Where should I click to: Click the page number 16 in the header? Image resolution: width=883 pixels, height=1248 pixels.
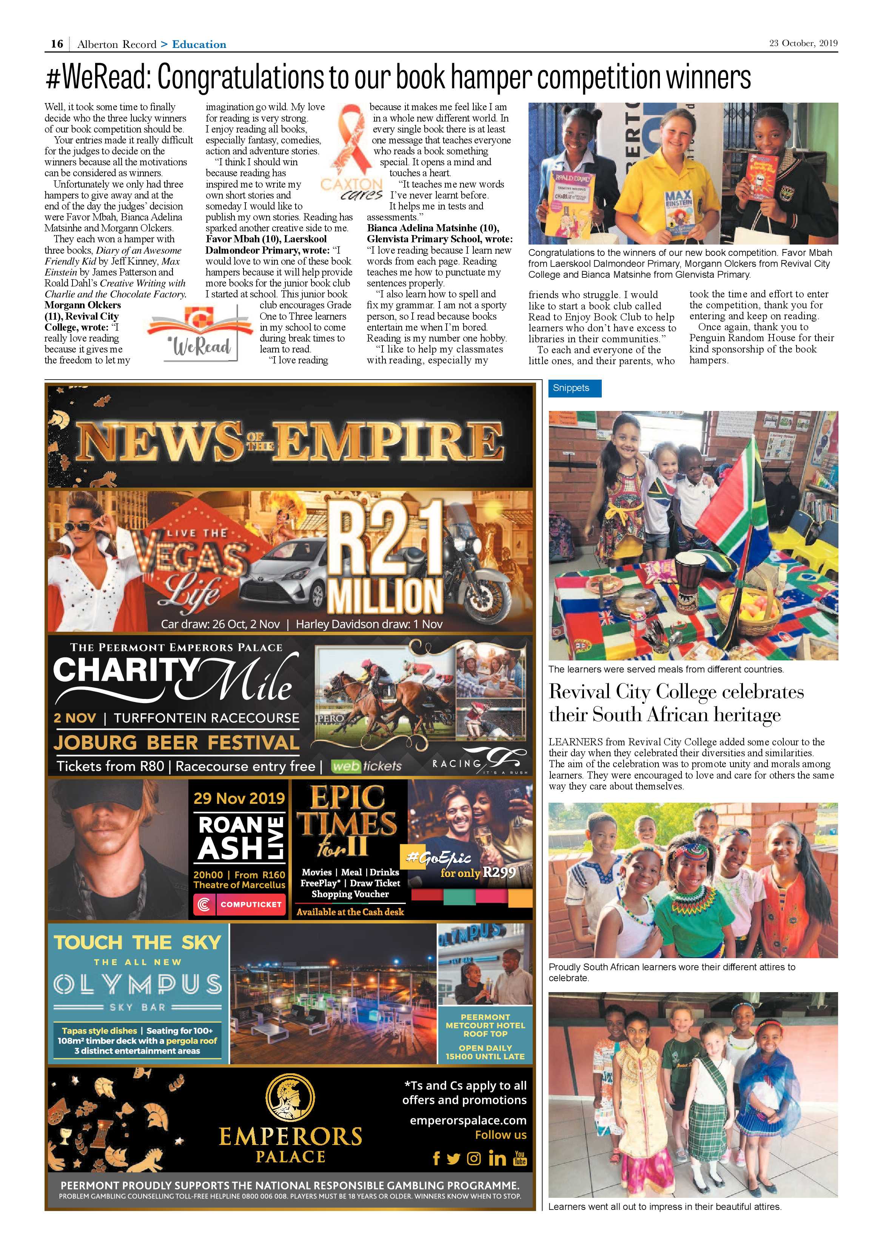(x=57, y=44)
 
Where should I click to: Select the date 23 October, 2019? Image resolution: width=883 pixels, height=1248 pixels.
(x=803, y=43)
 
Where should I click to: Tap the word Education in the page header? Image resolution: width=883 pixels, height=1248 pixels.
(x=199, y=45)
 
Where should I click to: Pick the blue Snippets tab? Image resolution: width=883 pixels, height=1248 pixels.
(x=574, y=388)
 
